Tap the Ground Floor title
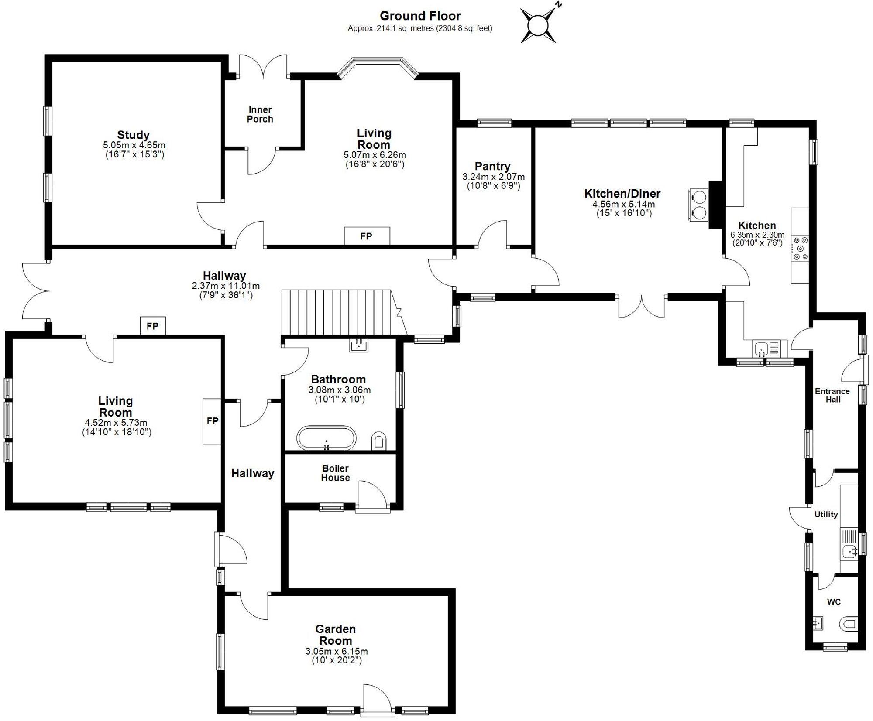pos(420,16)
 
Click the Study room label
pos(133,135)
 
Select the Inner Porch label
pos(260,114)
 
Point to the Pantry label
pos(492,166)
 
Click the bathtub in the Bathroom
pos(326,437)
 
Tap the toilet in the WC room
pos(848,624)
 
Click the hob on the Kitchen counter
pos(800,248)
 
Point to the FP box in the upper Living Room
pos(367,236)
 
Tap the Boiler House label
pos(335,473)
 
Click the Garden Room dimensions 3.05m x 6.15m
pos(336,651)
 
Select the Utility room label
pos(826,514)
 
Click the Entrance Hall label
pos(832,395)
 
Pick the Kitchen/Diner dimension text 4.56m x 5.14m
pos(623,204)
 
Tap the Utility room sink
pos(849,551)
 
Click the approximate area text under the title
pos(420,28)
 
